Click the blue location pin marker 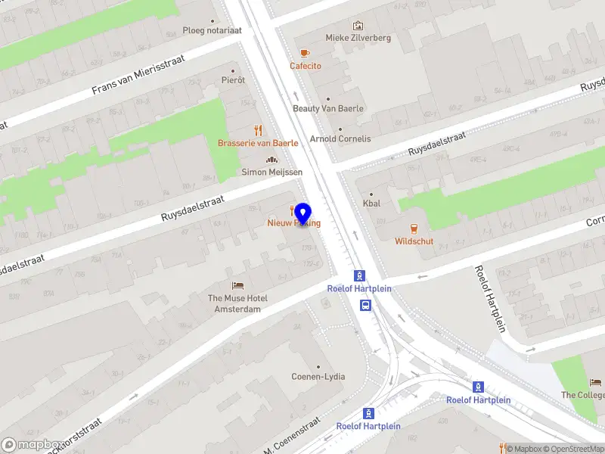point(302,214)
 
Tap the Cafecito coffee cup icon point(305,53)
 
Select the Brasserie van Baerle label point(258,143)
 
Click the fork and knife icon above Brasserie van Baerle point(258,129)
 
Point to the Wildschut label point(414,241)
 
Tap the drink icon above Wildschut point(414,228)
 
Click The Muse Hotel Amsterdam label point(237,303)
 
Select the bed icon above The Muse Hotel point(237,285)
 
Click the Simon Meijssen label point(271,173)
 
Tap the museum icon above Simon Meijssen point(271,160)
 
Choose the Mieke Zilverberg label point(358,38)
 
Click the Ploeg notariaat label point(212,31)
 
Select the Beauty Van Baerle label point(328,108)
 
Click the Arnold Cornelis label point(340,139)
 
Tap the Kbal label point(371,204)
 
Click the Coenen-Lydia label point(318,377)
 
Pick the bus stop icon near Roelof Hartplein point(366,306)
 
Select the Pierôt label point(233,80)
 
